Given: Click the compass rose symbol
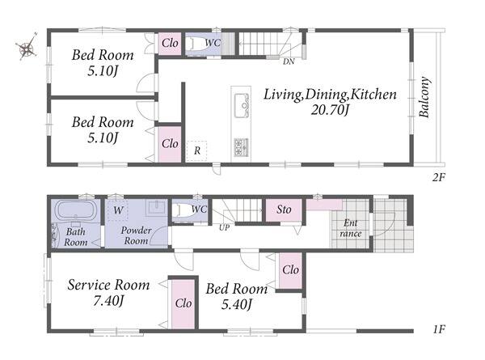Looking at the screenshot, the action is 27,46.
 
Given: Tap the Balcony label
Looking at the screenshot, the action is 424,97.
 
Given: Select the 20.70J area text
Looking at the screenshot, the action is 330,109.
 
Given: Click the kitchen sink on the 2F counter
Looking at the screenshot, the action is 241,105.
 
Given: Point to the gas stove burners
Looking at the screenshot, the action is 241,147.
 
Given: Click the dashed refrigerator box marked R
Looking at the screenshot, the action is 196,150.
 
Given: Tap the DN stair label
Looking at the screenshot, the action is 289,61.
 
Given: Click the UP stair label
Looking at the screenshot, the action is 224,228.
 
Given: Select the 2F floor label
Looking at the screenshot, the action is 439,177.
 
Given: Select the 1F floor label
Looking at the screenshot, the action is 439,329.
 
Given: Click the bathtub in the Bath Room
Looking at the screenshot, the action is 76,210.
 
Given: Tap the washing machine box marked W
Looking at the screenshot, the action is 117,210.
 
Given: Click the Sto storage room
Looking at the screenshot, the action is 284,210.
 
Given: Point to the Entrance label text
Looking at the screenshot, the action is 351,228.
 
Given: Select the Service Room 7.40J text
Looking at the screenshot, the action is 108,293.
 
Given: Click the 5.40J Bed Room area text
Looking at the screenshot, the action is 237,305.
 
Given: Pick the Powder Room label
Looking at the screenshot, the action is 136,235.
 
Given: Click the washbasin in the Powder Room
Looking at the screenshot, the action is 157,208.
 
